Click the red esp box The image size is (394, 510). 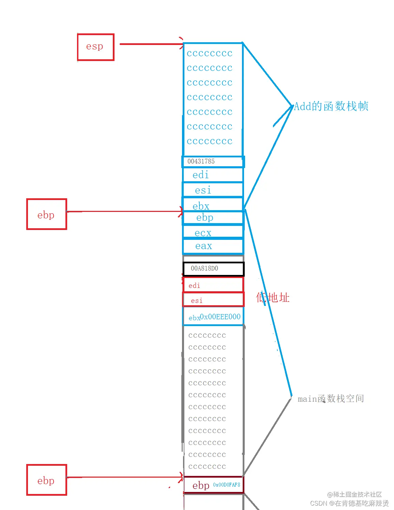pos(95,47)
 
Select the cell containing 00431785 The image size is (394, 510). pos(213,161)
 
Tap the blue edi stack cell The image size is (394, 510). pos(213,175)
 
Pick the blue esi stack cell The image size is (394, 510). pos(213,190)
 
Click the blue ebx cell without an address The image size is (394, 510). pos(213,205)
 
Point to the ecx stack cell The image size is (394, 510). pos(213,233)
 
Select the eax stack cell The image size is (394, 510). pos(213,246)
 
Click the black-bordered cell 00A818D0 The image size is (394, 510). pos(213,268)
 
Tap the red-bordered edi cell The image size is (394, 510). pos(213,285)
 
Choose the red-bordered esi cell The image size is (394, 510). pos(213,300)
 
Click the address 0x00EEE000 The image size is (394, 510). pos(220,316)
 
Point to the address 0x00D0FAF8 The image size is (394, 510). pos(227,485)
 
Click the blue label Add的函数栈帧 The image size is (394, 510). pos(331,106)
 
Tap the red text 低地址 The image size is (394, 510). pos(273,298)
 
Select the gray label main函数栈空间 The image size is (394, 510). pos(331,399)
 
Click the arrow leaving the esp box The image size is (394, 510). pos(150,44)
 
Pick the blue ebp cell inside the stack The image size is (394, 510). pos(213,218)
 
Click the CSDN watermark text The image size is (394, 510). pos(349,503)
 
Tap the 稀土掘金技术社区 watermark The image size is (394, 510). pos(354,494)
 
